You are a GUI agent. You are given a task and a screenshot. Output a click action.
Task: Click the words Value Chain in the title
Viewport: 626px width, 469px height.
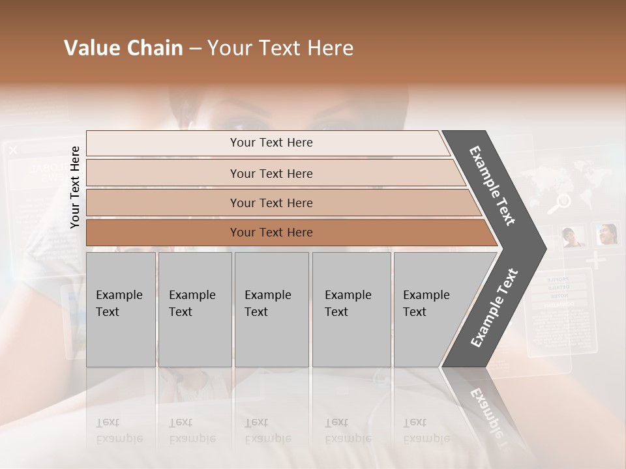(123, 48)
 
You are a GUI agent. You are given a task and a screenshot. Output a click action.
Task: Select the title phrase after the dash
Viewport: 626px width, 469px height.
(280, 48)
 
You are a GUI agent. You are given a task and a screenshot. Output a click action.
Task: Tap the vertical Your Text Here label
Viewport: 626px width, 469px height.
(75, 187)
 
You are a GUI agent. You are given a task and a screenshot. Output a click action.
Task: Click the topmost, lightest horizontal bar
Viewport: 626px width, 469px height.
(271, 143)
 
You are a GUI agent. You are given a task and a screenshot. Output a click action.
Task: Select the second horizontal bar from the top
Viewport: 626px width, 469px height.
(271, 173)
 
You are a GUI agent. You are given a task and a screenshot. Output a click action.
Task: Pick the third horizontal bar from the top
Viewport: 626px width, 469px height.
(271, 203)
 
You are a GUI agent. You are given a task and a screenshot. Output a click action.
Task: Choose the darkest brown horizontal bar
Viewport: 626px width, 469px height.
(271, 233)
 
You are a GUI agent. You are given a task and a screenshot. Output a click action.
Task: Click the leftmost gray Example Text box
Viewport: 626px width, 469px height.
(121, 309)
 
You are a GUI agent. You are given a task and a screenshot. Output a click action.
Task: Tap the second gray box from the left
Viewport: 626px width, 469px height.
(194, 309)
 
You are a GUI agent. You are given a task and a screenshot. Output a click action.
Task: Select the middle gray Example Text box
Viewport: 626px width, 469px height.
(271, 309)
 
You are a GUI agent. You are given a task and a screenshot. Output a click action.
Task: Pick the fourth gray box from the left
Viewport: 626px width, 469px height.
(351, 309)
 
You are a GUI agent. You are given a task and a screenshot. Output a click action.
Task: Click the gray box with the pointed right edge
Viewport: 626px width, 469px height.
(437, 309)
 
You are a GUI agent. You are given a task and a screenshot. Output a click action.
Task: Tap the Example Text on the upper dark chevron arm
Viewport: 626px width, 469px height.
(492, 186)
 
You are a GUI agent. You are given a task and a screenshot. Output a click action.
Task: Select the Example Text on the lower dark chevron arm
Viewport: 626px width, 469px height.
(494, 308)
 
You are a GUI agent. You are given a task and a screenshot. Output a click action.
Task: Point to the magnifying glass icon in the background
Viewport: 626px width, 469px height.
(558, 204)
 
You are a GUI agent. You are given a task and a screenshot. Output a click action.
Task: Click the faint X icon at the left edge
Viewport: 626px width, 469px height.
(13, 150)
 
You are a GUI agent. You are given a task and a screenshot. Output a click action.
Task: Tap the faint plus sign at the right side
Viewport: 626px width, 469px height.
(595, 261)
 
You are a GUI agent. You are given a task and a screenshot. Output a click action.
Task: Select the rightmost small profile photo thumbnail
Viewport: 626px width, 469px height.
(606, 234)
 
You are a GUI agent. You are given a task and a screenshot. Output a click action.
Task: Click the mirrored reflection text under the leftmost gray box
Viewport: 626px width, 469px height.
(119, 431)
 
